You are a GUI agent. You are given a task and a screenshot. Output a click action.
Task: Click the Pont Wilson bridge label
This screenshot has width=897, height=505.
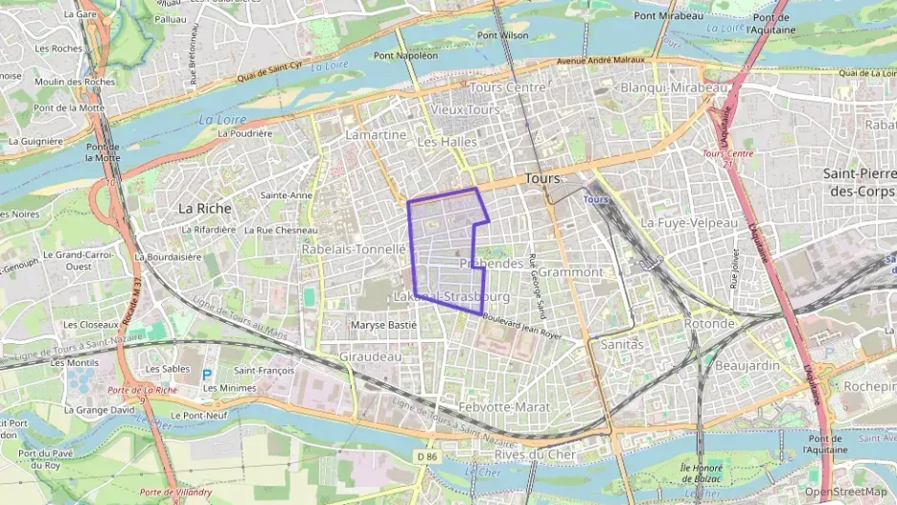pos(502,35)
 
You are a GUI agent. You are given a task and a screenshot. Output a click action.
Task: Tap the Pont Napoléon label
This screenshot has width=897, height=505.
pos(405,56)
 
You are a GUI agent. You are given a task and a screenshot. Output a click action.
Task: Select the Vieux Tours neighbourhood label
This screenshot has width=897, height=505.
pos(466,110)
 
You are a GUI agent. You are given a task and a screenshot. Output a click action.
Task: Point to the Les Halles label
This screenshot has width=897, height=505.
pos(447,142)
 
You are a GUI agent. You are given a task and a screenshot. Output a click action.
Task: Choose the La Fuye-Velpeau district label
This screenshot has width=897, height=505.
pos(689,222)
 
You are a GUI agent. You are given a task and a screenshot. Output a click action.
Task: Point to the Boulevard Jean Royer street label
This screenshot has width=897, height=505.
pos(522,329)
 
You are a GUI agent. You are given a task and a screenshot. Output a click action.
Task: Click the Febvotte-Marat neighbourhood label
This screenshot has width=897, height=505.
pos(505,407)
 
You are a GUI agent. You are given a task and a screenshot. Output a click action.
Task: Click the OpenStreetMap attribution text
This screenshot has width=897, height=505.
pos(846,492)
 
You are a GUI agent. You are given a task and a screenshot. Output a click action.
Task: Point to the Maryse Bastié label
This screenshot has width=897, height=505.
pos(383,325)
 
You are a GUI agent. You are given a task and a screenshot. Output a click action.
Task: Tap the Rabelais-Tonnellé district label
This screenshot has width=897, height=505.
pos(355,248)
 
